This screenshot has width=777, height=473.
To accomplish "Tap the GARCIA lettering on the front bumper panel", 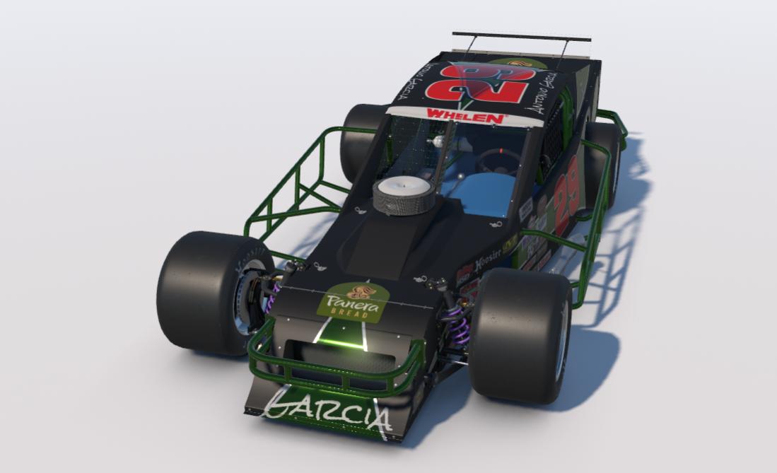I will pyautogui.click(x=327, y=412).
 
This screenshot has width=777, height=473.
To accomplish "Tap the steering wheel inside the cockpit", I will pyautogui.click(x=499, y=160).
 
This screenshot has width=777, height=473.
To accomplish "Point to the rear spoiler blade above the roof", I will pyautogui.click(x=521, y=37).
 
